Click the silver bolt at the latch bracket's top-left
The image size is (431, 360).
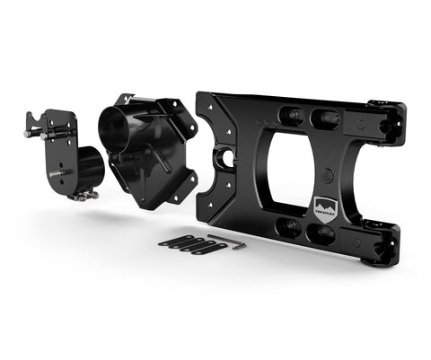pyautogui.click(x=31, y=133)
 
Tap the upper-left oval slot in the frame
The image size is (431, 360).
pyautogui.click(x=290, y=115)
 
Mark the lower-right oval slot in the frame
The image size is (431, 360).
pyautogui.click(x=321, y=234)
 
